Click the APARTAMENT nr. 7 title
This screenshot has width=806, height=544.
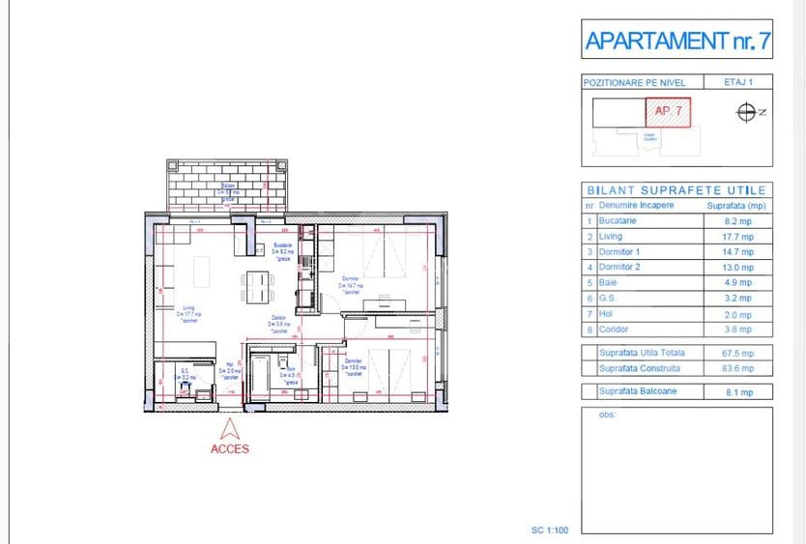677,41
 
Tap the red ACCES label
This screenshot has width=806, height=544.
230,448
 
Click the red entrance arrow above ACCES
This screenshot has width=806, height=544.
230,429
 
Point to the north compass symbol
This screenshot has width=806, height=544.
746,112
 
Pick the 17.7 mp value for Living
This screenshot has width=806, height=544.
739,236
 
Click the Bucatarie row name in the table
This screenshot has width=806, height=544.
619,220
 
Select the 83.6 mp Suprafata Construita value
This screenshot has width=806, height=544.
739,368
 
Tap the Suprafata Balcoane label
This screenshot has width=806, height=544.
639,391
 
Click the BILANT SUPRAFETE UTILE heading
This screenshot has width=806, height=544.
677,190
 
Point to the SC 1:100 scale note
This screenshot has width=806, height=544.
552,530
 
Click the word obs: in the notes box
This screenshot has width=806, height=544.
607,415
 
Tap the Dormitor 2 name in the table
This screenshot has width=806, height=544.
620,267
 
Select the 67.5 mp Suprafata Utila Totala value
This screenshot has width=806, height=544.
739,353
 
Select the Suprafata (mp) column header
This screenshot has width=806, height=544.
736,206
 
